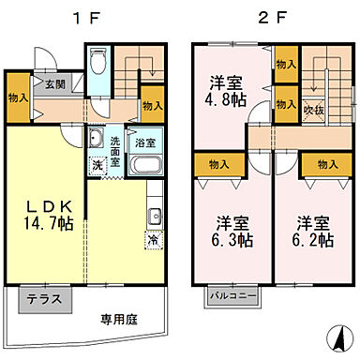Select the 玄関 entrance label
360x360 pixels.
[x=53, y=83]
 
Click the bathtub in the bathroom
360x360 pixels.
[x=145, y=166]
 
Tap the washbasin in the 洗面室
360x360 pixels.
[x=96, y=142]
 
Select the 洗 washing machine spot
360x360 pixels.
[x=97, y=166]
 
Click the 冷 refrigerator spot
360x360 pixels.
[x=152, y=241]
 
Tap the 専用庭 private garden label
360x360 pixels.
[x=119, y=319]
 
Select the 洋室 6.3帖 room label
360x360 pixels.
[x=226, y=232]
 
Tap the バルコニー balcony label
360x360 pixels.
[x=232, y=295]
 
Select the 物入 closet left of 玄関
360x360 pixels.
[x=17, y=98]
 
